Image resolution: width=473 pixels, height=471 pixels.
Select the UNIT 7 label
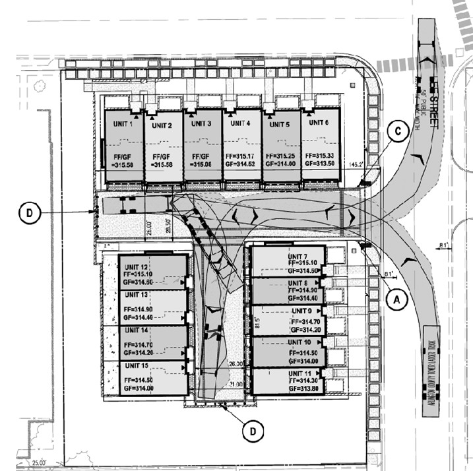tap(298, 256)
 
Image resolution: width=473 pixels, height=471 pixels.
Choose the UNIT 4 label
tap(239, 123)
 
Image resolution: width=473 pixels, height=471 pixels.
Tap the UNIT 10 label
tap(298, 342)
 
